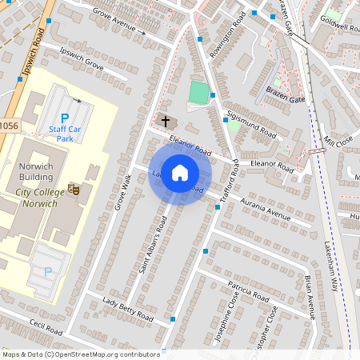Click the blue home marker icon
[x=180, y=171]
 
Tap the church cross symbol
[x=166, y=122]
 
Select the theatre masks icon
[x=74, y=190]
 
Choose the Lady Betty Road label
[x=128, y=308]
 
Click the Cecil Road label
[x=46, y=329]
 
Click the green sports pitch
[x=198, y=92]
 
